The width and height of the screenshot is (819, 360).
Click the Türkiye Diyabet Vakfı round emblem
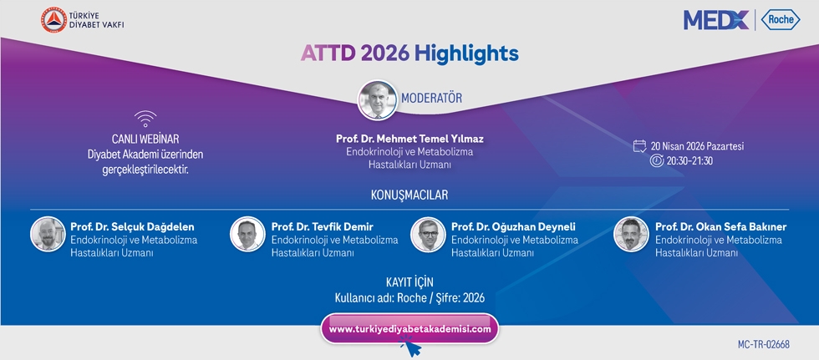(53, 20)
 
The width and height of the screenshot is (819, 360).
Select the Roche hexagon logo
(781, 20)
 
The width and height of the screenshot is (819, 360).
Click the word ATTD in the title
(328, 53)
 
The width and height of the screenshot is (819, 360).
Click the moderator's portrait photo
(378, 99)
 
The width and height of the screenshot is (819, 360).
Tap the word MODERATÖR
(431, 98)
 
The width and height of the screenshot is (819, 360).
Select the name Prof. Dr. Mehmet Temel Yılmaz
(409, 139)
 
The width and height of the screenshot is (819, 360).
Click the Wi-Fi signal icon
(145, 119)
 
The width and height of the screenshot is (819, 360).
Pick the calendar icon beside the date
(640, 146)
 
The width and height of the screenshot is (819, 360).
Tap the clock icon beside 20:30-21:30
(657, 160)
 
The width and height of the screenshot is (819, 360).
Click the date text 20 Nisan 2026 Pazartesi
(697, 146)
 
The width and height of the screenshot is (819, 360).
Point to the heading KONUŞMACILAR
(409, 195)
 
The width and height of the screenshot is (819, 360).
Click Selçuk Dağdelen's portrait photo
(48, 234)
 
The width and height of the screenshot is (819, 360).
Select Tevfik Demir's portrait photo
(247, 234)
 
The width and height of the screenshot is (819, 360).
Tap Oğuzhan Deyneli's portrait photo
(428, 234)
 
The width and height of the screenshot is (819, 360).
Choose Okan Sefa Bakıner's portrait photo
(631, 234)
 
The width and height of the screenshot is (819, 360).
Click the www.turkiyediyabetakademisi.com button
(409, 329)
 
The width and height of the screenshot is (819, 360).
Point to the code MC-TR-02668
(764, 345)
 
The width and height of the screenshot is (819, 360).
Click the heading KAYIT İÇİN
(409, 283)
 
